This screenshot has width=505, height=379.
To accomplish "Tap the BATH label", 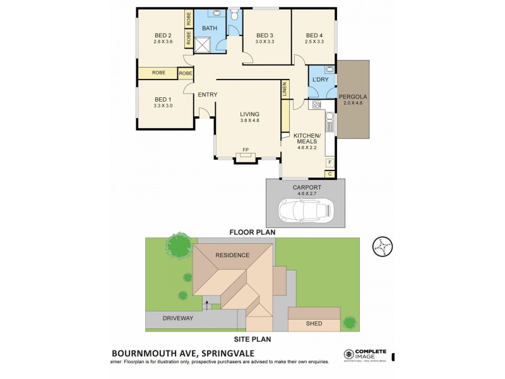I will pyautogui.click(x=210, y=28).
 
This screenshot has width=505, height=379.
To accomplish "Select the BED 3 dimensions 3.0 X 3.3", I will pyautogui.click(x=264, y=42).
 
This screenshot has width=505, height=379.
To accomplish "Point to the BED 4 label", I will pyautogui.click(x=314, y=35).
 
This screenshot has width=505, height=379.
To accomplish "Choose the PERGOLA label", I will pyautogui.click(x=352, y=97).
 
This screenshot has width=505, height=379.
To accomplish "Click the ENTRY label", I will pyautogui.click(x=207, y=95).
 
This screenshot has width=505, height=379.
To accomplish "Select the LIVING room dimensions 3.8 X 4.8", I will pyautogui.click(x=249, y=120).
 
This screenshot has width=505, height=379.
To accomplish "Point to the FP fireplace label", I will pyautogui.click(x=246, y=150).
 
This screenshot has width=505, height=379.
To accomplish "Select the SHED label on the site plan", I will pyautogui.click(x=314, y=324).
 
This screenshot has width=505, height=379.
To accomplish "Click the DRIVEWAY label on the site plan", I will pyautogui.click(x=177, y=318).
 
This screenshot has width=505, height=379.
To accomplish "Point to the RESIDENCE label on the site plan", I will pyautogui.click(x=232, y=255).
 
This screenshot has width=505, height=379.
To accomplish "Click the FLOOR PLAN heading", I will pyautogui.click(x=252, y=232).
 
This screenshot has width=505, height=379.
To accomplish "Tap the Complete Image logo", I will pyautogui.click(x=366, y=355).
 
